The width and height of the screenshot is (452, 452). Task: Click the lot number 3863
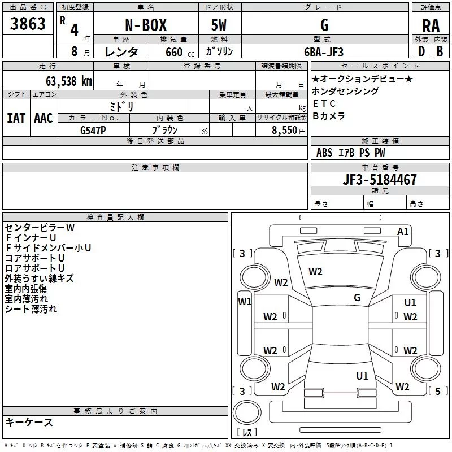pos(28,25)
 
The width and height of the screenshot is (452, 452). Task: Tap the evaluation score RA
pos(431,25)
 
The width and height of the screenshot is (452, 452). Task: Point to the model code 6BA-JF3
pos(324,52)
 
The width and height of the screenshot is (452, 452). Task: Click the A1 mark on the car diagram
pos(403,232)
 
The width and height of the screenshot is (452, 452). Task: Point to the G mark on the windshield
pos(357,297)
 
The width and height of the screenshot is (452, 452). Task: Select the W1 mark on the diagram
pos(245,301)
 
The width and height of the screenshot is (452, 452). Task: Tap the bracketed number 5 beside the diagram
pos(437,391)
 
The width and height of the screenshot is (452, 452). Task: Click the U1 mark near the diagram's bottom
pos(362,376)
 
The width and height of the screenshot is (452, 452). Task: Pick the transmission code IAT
pos(16,118)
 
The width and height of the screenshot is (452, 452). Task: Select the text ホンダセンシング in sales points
pos(345,91)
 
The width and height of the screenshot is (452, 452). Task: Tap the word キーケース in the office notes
pos(29,422)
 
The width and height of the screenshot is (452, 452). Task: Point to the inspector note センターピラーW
pos(40,227)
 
